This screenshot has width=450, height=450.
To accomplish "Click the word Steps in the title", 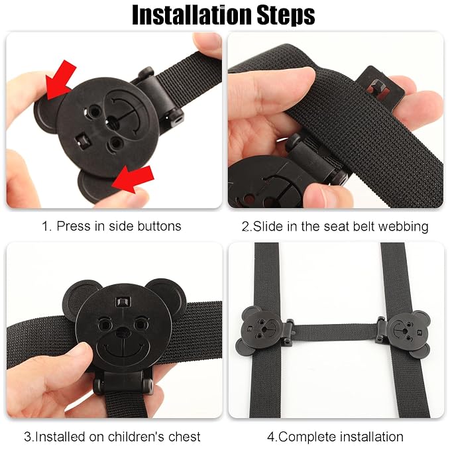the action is [286, 15].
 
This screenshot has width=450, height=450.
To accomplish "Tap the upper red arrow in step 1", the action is [60, 80].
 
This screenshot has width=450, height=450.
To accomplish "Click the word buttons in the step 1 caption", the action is [159, 226].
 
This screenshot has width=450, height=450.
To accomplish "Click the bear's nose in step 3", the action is [123, 332].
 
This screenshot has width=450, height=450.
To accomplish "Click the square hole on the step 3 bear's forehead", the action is [123, 302].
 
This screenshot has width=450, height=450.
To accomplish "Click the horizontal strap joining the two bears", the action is [335, 331].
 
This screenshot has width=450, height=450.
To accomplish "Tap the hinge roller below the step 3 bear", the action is [123, 382].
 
